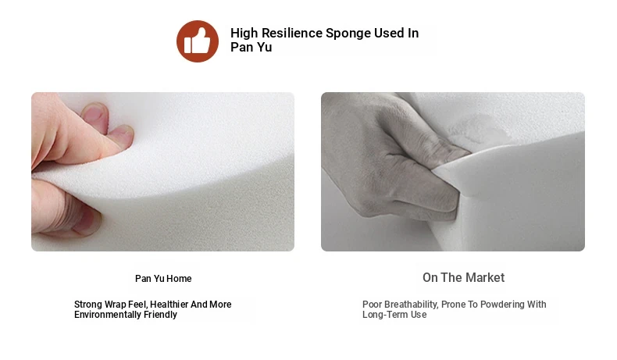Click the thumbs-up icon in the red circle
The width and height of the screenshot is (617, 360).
197,41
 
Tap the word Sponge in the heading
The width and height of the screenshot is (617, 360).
348,34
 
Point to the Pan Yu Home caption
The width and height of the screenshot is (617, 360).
163,279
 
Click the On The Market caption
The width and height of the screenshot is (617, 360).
464,278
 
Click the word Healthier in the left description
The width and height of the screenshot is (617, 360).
169,305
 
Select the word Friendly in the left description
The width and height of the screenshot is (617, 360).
160,315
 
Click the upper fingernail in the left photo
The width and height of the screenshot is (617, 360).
95,114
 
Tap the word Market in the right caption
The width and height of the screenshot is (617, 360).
485,278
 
